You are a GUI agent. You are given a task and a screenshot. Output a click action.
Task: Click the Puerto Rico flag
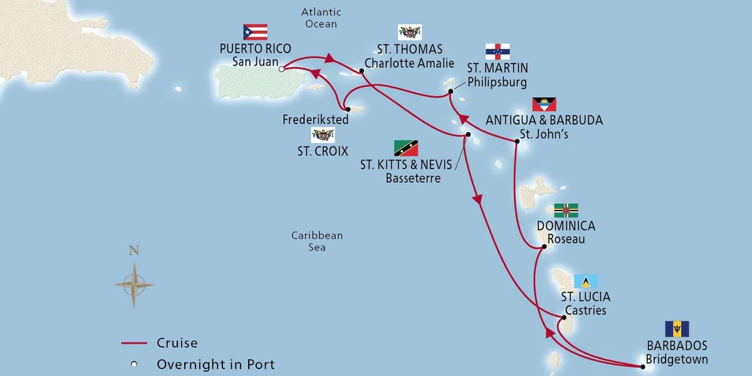[255, 32]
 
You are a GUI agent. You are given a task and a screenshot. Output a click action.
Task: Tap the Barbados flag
[677, 328]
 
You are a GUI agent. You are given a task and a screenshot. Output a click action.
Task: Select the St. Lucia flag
[586, 281]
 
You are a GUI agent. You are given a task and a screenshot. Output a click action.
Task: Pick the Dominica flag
[565, 211]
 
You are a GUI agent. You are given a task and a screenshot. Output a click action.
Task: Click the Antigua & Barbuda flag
[544, 104]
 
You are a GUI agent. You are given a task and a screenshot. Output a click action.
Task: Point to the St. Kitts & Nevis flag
[405, 148]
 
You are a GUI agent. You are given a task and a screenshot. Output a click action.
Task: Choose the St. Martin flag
[498, 51]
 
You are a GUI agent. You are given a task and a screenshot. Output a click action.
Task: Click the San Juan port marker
[282, 69]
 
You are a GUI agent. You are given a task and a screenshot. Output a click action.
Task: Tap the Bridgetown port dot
[642, 365]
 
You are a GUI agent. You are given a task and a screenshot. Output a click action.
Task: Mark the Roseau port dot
[543, 246]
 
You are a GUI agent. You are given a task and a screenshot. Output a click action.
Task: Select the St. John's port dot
[517, 142]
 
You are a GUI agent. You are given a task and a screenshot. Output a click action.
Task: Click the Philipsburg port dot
[451, 92]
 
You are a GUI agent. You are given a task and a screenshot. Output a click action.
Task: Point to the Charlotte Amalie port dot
[362, 72]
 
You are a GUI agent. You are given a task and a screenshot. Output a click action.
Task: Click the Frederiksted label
[308, 118]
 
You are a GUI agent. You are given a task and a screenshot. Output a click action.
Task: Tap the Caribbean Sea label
[317, 241]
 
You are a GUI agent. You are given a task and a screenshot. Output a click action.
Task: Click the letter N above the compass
[133, 251]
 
